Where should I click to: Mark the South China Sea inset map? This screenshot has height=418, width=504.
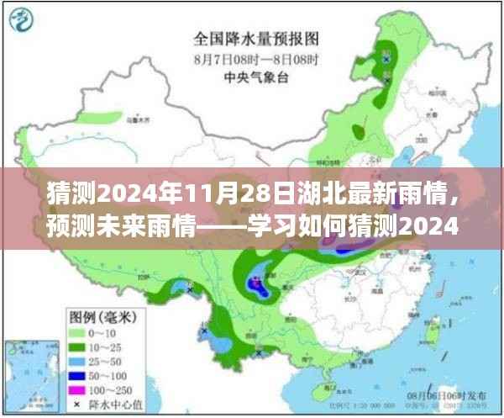[x=30, y=370]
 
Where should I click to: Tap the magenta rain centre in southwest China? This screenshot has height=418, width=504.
[x=254, y=284]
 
